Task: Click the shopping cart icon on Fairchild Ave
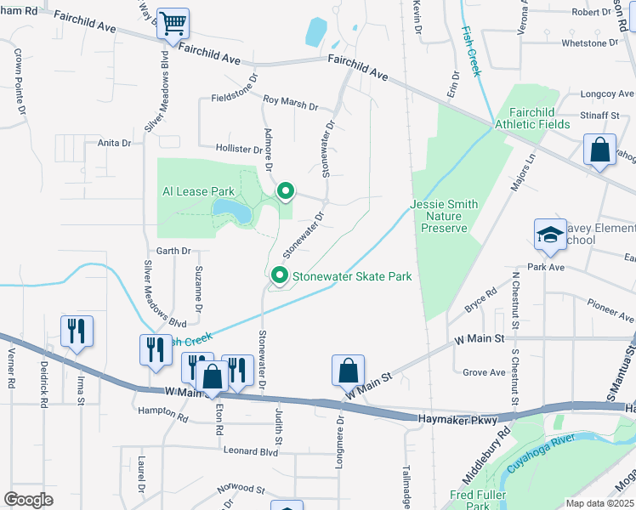[173, 24]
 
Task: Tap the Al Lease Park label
[198, 192]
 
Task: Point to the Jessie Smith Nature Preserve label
[444, 217]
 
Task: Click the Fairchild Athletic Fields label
[539, 118]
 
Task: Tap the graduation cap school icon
[550, 235]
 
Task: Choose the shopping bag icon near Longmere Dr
[348, 371]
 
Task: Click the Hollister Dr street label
[239, 150]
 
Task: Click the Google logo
[29, 499]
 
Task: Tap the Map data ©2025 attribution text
[599, 503]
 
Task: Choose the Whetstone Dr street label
[581, 42]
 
